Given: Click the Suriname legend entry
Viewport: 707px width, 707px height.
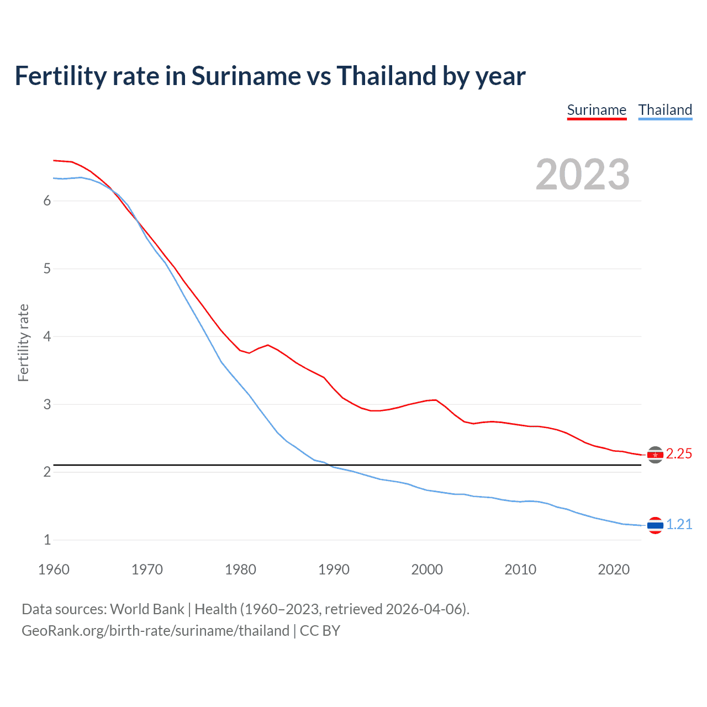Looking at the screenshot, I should click(x=597, y=110).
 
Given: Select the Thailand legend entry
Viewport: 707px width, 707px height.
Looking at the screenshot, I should click(x=665, y=110).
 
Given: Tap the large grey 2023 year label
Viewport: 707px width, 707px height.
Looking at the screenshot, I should click(x=583, y=175).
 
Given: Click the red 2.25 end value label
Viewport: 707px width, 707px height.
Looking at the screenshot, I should click(x=679, y=454).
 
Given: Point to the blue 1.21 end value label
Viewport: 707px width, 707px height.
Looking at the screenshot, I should click(x=679, y=525).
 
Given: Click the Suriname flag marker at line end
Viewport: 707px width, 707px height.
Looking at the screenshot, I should click(x=655, y=455).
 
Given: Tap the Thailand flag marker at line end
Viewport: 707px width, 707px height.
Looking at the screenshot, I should click(x=655, y=525).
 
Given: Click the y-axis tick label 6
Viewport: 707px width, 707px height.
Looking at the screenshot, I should click(x=47, y=201).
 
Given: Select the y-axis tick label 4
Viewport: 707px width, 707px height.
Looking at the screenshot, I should click(x=47, y=336).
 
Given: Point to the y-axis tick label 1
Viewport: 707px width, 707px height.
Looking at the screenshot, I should click(x=47, y=540).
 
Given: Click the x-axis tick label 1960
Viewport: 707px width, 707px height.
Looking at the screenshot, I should click(x=54, y=569).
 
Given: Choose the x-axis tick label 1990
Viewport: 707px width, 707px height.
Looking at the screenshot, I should click(x=334, y=569).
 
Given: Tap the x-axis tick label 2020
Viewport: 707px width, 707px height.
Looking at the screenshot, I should click(x=614, y=569).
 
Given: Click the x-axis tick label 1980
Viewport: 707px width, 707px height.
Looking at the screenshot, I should click(x=240, y=569).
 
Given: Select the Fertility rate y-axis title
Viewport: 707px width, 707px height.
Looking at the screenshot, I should click(x=23, y=342).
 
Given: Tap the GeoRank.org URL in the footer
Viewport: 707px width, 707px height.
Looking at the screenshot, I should click(x=155, y=631).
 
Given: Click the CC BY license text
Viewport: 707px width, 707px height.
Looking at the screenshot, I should click(x=320, y=631).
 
